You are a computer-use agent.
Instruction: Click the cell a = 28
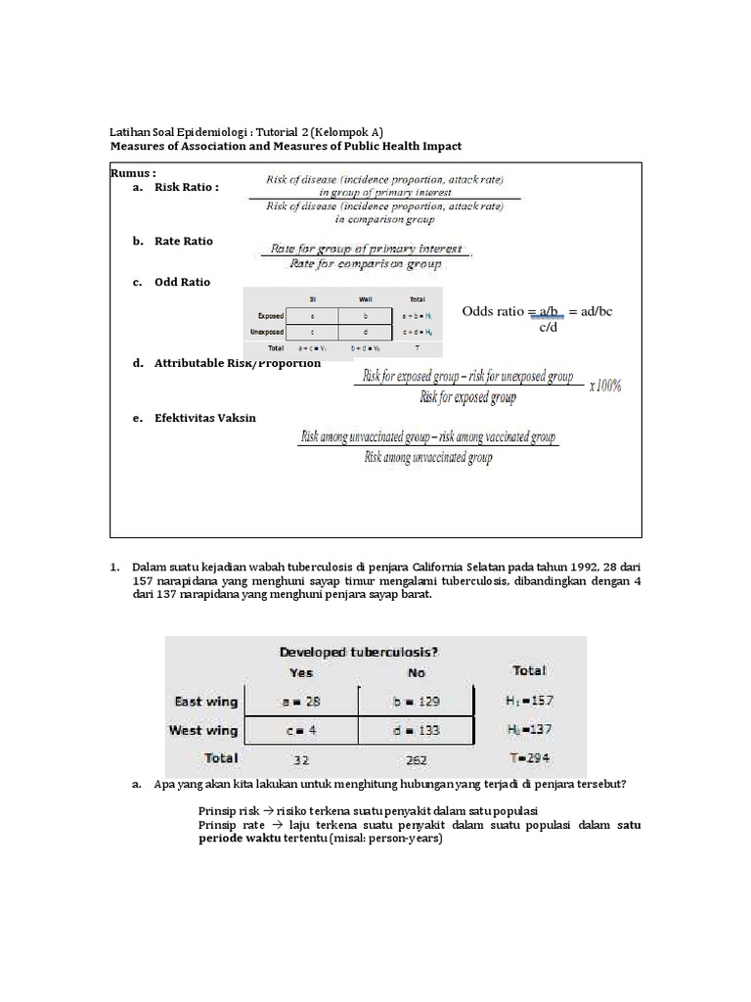pyautogui.click(x=302, y=702)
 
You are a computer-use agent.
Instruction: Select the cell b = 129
pyautogui.click(x=416, y=702)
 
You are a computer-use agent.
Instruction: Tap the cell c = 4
pyautogui.click(x=302, y=730)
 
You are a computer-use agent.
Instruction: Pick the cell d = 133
pyautogui.click(x=416, y=730)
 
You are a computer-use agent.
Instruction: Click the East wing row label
pyautogui.click(x=205, y=702)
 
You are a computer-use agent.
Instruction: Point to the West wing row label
pyautogui.click(x=203, y=730)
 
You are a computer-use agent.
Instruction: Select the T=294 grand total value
pyautogui.click(x=529, y=758)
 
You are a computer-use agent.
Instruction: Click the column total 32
pyautogui.click(x=301, y=758)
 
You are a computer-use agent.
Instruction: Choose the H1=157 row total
pyautogui.click(x=529, y=702)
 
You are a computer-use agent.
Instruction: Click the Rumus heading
pyautogui.click(x=133, y=171)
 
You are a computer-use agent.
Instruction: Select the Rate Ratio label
pyautogui.click(x=183, y=241)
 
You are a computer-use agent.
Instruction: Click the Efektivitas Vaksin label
pyautogui.click(x=204, y=418)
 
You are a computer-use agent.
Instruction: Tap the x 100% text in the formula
pyautogui.click(x=604, y=386)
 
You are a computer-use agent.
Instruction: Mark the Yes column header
pyautogui.click(x=301, y=672)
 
